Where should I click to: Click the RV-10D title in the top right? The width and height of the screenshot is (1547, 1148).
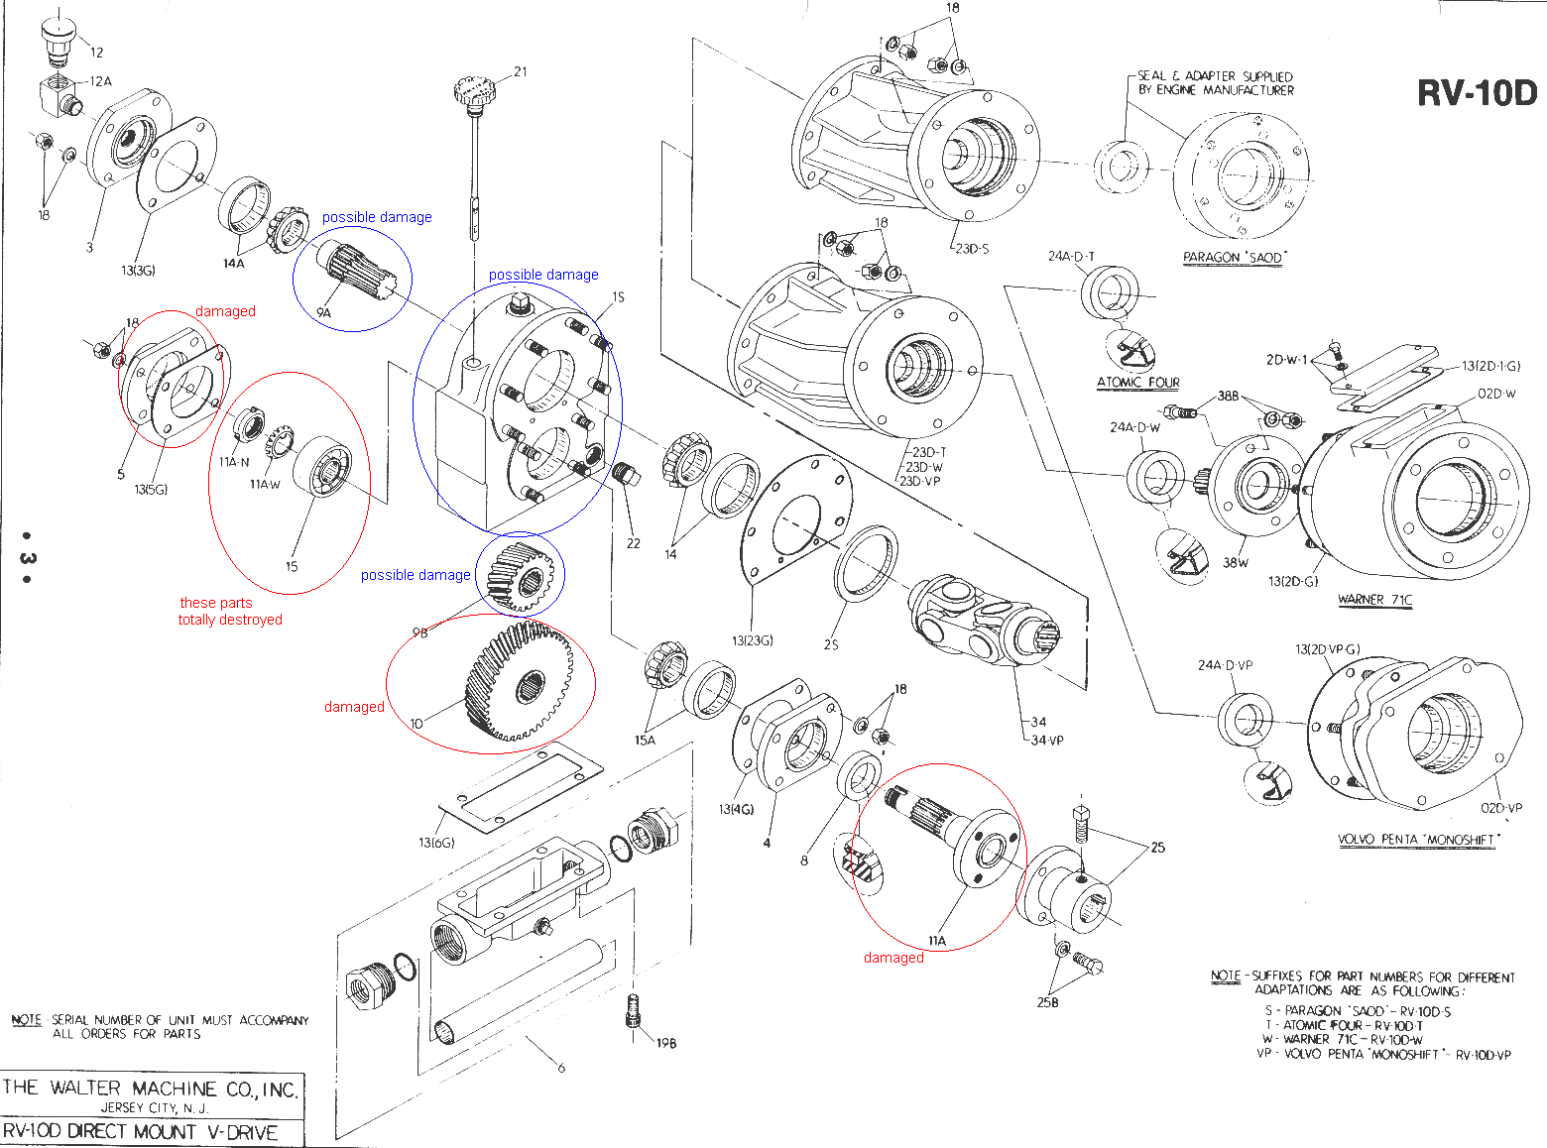coord(1477,93)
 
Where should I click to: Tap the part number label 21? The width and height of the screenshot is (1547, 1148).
coord(521,71)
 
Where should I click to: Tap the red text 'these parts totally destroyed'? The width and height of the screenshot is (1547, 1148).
coord(230,611)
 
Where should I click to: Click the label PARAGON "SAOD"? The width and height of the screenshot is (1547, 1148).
coord(1235,258)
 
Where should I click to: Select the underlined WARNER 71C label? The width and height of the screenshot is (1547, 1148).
coord(1374,599)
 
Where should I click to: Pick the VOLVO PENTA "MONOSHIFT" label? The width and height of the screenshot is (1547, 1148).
coord(1419,840)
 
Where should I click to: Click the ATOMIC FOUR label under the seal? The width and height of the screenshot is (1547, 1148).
coord(1137,382)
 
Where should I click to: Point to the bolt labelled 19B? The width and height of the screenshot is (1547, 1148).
coord(635,1014)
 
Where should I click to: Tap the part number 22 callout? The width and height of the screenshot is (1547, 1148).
coord(634,543)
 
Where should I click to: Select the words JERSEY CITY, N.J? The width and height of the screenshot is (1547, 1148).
coord(154,1107)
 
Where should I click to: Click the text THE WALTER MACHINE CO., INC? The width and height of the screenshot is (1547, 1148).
coord(150,1088)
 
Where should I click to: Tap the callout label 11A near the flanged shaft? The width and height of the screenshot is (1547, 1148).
coord(936,940)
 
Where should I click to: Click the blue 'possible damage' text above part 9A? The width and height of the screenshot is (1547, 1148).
coord(377,217)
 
